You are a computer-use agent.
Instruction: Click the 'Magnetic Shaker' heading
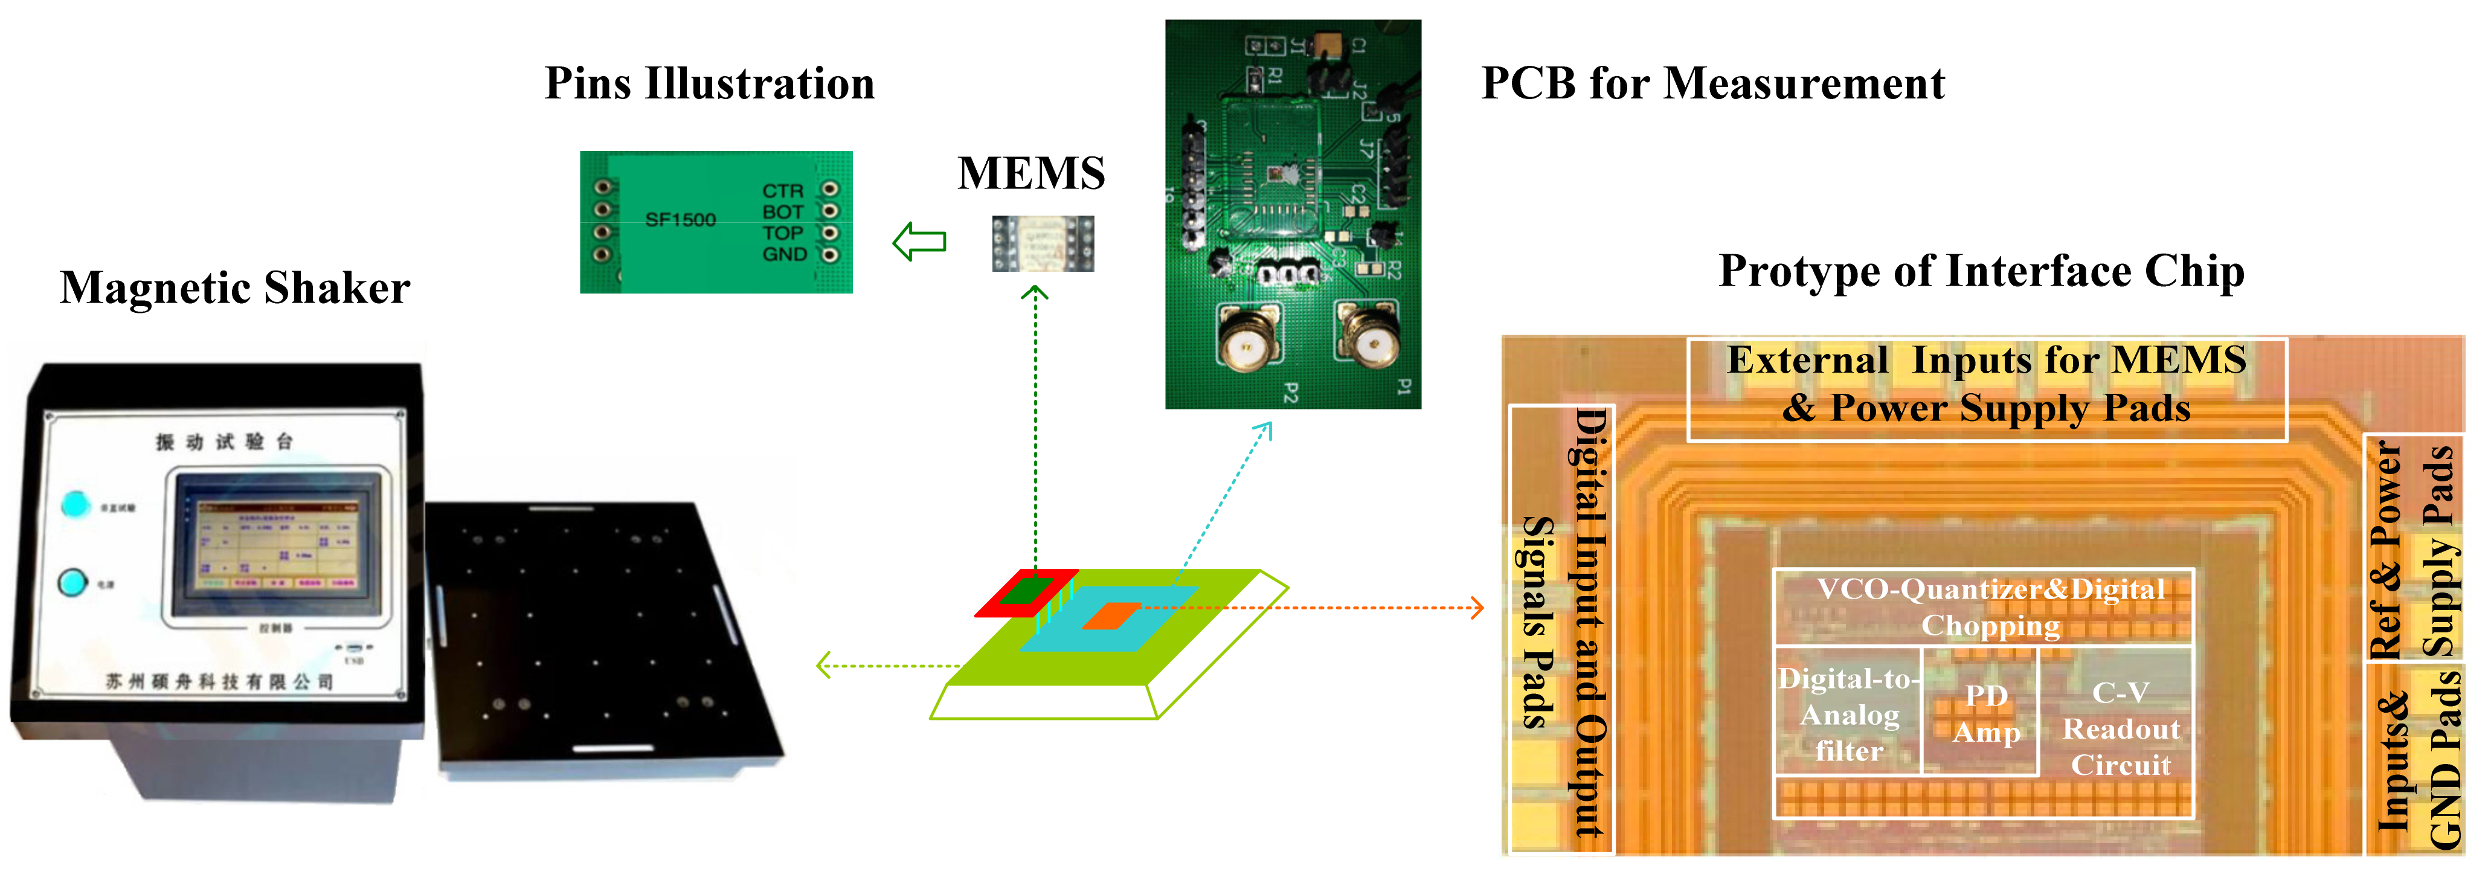(x=235, y=288)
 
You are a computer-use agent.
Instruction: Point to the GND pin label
(x=784, y=254)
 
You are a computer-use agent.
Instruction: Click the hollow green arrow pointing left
(x=919, y=242)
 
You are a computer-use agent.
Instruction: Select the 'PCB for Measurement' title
(x=1712, y=83)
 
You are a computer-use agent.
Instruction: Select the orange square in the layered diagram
(x=1112, y=616)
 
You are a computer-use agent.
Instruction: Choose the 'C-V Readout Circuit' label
(x=2121, y=728)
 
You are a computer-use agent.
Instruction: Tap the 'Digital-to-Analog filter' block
(x=1848, y=714)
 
